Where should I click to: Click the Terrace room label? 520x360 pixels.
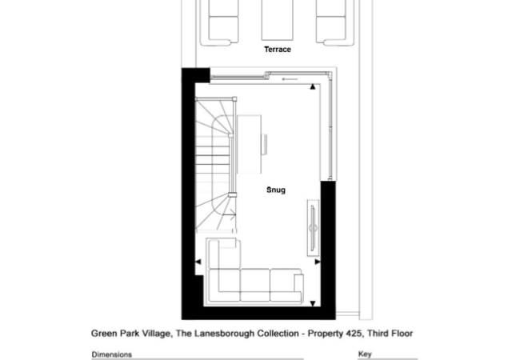(278, 50)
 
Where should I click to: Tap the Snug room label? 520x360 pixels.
(276, 190)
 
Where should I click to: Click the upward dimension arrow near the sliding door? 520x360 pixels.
(312, 87)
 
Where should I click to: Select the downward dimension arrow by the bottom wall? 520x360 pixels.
(312, 303)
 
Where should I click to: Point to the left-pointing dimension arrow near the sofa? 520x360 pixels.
(198, 262)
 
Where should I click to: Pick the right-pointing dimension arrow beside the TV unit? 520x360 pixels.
(318, 262)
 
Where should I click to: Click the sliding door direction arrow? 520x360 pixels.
(290, 79)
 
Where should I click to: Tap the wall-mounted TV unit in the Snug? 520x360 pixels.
(313, 228)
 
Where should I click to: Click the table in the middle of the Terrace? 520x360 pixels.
(278, 20)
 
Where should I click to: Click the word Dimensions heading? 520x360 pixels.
(112, 354)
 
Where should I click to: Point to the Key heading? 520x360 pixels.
(365, 354)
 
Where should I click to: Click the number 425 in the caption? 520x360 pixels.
(353, 333)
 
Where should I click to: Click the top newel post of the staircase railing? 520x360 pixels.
(234, 98)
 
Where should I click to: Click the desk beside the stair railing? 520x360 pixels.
(249, 144)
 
